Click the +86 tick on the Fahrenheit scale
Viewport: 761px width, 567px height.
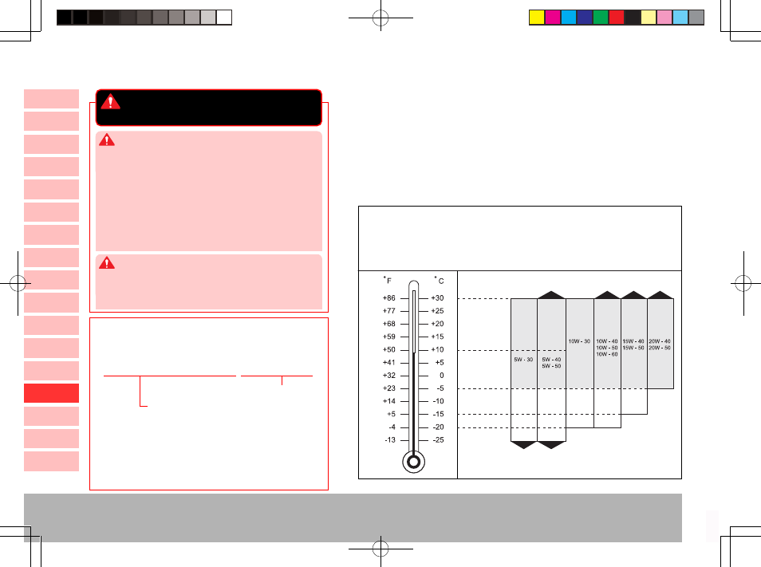404,298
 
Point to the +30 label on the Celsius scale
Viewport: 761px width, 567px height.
437,298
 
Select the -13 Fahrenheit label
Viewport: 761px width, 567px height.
390,440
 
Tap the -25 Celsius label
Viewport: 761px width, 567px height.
438,440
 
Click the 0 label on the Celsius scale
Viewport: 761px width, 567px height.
442,376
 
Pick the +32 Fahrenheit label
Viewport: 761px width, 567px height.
389,376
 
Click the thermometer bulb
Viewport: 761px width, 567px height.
413,462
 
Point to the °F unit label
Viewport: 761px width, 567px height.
388,280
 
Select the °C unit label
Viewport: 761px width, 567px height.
440,280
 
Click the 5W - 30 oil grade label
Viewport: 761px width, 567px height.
523,360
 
